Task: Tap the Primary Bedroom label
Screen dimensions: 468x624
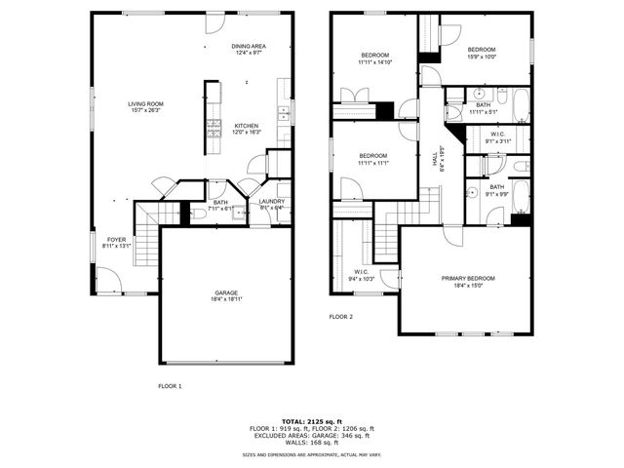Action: (x=463, y=281)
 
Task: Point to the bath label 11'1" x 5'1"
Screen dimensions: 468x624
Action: (x=484, y=108)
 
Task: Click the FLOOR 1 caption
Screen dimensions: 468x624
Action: (x=170, y=386)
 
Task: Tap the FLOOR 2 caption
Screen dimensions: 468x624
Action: (x=340, y=317)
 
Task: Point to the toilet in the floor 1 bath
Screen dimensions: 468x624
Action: (x=197, y=214)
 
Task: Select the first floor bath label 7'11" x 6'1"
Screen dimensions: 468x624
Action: (x=220, y=205)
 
